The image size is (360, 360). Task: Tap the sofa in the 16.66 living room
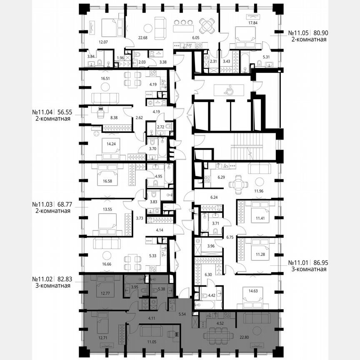click(x=107, y=243)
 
